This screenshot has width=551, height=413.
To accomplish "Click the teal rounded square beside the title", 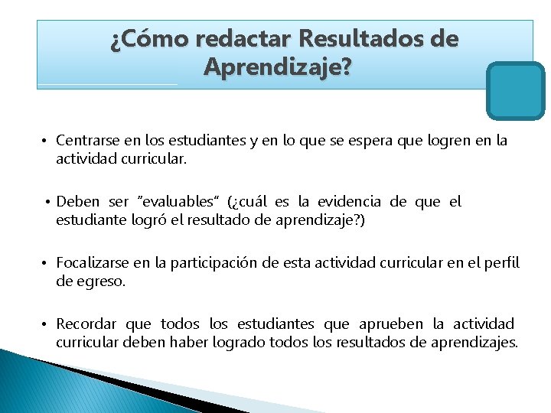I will (x=515, y=90).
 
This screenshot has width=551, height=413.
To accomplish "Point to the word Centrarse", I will (x=87, y=141).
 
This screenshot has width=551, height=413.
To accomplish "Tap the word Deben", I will (x=78, y=202).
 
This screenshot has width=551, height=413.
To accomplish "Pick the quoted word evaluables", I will (x=178, y=202).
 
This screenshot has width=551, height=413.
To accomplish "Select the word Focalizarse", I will (x=93, y=263).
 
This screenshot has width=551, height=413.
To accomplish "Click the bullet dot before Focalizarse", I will (x=46, y=264).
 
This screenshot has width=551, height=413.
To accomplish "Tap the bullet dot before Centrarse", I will (x=46, y=141).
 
